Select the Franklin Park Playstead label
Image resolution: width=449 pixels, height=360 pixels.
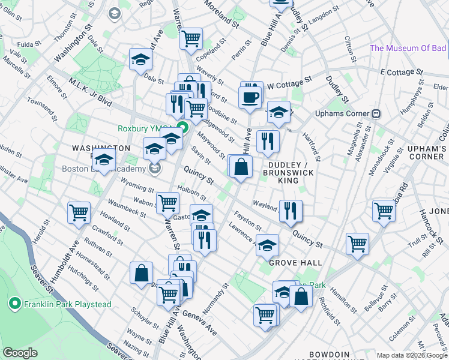(67, 304)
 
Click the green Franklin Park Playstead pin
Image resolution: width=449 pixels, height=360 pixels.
(14, 304)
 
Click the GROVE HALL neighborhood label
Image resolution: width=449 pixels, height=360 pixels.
(295, 263)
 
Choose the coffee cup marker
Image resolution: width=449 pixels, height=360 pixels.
(250, 97)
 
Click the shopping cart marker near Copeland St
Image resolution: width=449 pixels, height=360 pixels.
(191, 39)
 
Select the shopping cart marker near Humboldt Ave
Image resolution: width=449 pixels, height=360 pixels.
(79, 212)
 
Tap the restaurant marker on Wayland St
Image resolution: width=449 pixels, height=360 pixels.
(290, 210)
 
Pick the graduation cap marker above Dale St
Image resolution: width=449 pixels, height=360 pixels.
(141, 59)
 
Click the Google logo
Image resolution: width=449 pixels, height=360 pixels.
(20, 353)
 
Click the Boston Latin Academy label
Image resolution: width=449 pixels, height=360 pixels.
(104, 169)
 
